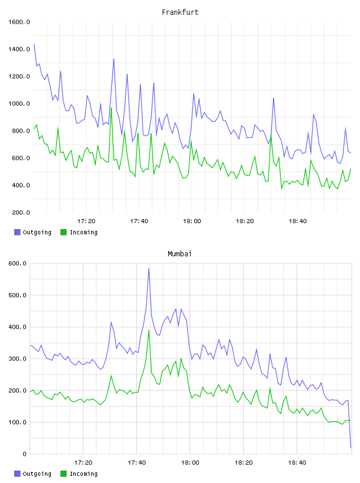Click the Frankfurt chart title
[x=180, y=12]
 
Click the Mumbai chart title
[x=179, y=253]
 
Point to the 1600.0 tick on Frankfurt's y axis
[x=19, y=22]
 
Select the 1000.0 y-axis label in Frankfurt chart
[x=19, y=104]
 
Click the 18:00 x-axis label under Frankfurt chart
[x=192, y=221]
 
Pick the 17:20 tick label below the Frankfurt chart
[x=86, y=221]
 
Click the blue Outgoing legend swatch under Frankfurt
[x=17, y=232]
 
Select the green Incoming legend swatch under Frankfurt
[x=63, y=232]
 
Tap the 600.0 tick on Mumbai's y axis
[x=17, y=263]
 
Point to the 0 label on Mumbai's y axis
[x=25, y=454]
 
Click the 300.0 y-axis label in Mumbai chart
[x=17, y=359]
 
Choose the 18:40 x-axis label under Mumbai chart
[x=297, y=463]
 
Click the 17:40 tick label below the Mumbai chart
[x=137, y=463]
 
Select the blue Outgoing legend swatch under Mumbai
[x=17, y=474]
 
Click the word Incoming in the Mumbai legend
[x=83, y=474]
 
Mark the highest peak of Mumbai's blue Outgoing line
[x=149, y=269]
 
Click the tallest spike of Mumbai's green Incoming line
[x=149, y=330]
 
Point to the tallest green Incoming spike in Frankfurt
[x=111, y=108]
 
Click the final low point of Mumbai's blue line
[x=351, y=447]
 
